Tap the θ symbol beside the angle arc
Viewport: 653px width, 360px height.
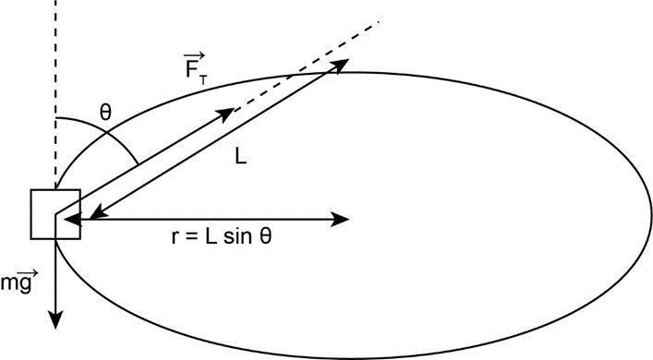pos(105,113)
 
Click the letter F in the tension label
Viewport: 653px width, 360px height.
pos(191,70)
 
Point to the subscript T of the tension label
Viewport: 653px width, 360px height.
pos(203,79)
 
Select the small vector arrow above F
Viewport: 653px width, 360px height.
pos(195,55)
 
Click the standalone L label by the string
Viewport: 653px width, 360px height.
pos(241,157)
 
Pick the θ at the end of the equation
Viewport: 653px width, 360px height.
pos(265,236)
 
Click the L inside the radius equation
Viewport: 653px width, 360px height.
pos(211,236)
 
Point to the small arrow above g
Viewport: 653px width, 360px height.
pos(29,273)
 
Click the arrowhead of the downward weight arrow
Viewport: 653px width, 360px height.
pos(55,319)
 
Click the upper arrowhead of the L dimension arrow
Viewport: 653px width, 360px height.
pos(339,65)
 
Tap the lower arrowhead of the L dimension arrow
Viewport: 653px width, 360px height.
pos(97,213)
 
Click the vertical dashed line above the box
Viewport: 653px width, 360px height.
pos(55,94)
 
